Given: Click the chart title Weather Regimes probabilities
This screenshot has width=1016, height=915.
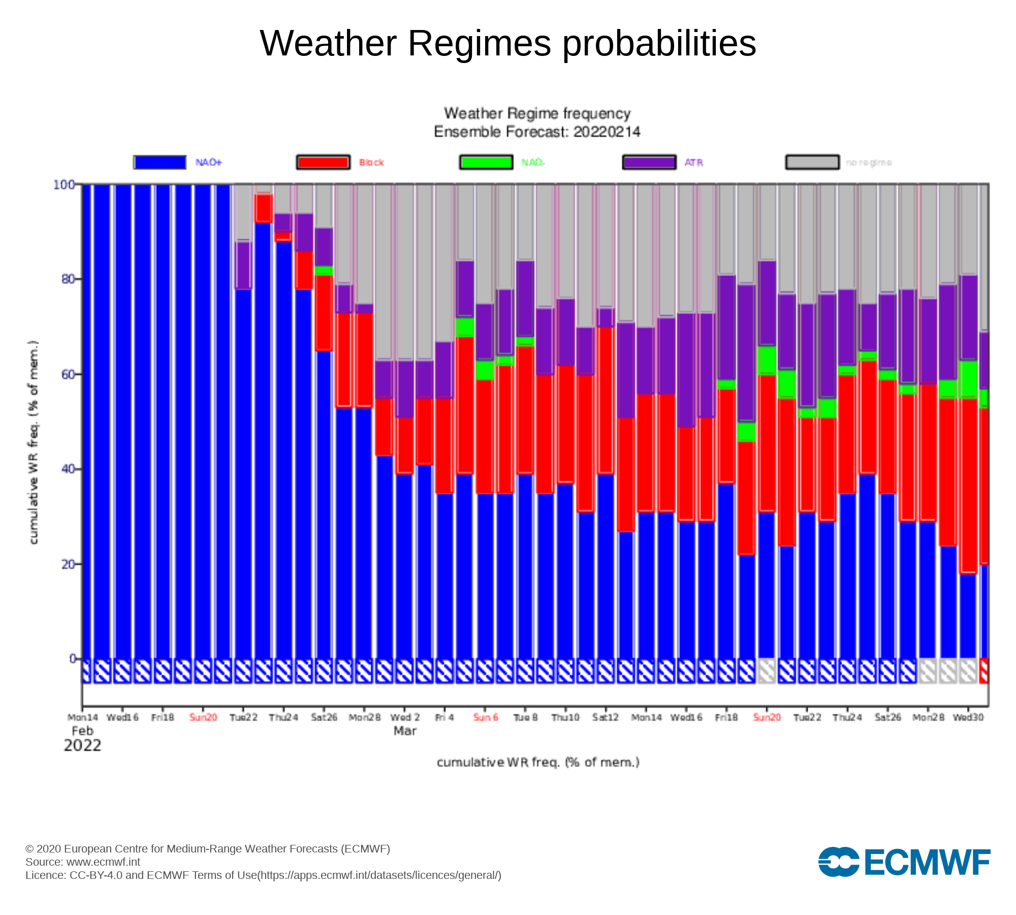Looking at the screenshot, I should click(508, 43).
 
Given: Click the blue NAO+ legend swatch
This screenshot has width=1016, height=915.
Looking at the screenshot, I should click(160, 162).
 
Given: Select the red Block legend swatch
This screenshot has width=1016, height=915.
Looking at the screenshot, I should click(323, 162).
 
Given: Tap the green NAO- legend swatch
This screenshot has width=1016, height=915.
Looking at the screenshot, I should click(486, 162).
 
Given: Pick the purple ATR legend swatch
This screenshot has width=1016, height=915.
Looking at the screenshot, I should click(649, 162).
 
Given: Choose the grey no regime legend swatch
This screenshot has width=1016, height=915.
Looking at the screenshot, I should click(812, 162).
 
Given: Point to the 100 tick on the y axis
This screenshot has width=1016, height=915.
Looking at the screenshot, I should click(64, 185).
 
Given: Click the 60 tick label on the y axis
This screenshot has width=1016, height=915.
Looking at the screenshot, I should click(68, 375).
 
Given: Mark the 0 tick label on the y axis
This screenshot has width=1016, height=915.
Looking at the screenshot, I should click(72, 659).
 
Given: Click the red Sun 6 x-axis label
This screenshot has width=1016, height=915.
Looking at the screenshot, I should click(486, 717).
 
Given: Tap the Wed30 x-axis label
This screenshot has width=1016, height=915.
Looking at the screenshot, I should click(968, 717).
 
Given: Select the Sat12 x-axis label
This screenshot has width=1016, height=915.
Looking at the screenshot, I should click(606, 717).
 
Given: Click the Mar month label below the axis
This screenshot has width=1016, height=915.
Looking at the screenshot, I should click(405, 731).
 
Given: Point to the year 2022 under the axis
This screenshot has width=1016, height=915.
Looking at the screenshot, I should click(82, 746).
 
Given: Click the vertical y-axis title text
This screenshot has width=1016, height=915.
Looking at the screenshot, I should click(34, 442).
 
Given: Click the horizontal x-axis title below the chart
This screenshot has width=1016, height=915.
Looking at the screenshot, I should click(538, 762).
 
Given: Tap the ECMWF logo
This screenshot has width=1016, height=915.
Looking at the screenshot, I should click(904, 862).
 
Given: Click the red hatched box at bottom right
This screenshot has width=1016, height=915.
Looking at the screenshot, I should click(984, 671).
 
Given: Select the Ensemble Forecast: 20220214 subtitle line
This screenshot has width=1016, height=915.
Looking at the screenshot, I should click(537, 132).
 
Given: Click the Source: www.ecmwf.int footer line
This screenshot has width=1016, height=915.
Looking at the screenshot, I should click(83, 862).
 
